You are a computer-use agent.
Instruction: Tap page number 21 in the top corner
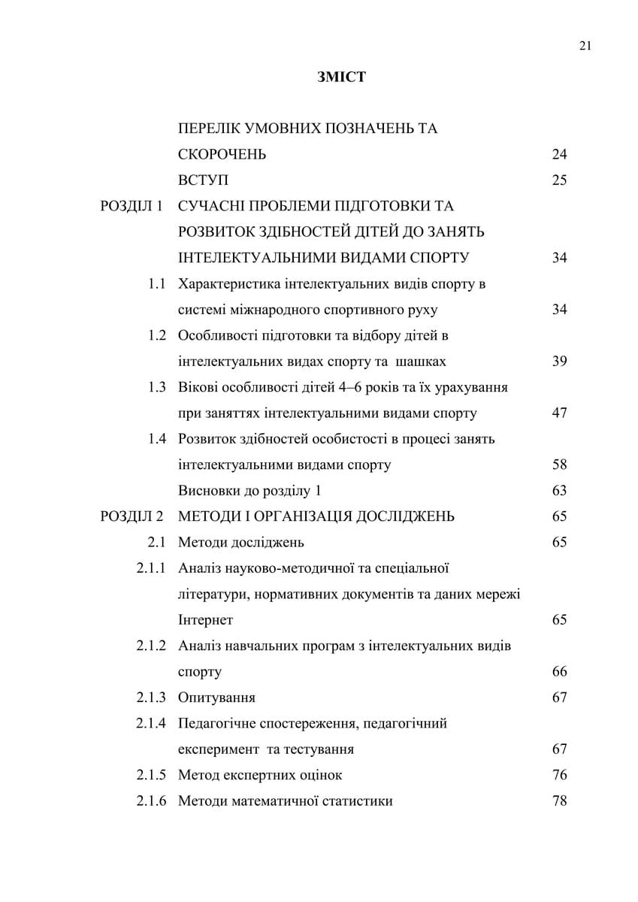586,46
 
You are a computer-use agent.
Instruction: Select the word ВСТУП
204,180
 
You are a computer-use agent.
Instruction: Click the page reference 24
559,155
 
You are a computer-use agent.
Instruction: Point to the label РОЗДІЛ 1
132,206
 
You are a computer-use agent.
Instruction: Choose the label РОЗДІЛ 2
132,516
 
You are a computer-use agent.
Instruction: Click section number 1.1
156,284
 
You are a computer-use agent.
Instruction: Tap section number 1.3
156,387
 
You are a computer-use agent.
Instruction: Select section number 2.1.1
151,568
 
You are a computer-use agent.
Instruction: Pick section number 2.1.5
151,775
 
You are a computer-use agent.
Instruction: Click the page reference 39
559,362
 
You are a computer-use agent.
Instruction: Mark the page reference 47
559,413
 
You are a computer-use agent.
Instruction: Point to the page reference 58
559,465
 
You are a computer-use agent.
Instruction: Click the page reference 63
559,491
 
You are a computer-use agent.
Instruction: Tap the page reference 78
559,801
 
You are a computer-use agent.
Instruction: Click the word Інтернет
206,620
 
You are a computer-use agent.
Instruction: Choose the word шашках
421,362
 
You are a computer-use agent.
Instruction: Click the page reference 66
559,671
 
